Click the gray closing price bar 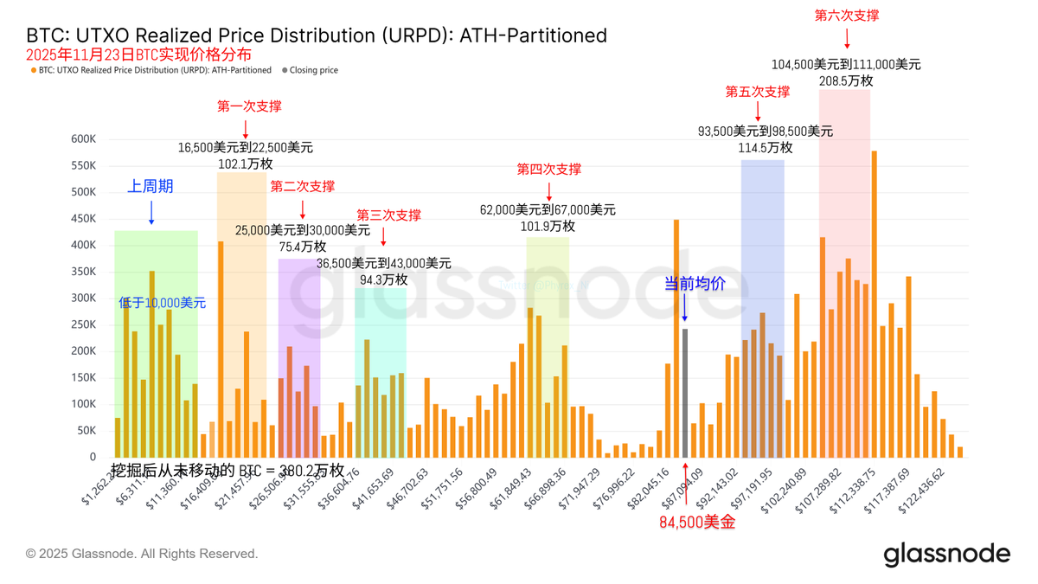(685, 393)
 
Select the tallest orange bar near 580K (875, 304)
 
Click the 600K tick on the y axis (84, 139)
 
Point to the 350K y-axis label (84, 272)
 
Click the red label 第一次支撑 (249, 106)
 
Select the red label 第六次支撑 (847, 16)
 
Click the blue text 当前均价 (695, 283)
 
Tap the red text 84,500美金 (697, 522)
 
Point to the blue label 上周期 (151, 186)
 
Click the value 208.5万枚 (846, 80)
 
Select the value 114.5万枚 (766, 148)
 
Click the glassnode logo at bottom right (946, 554)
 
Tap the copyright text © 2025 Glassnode (142, 554)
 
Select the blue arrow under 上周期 (151, 212)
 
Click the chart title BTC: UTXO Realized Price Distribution (317, 35)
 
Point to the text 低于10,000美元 (163, 303)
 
